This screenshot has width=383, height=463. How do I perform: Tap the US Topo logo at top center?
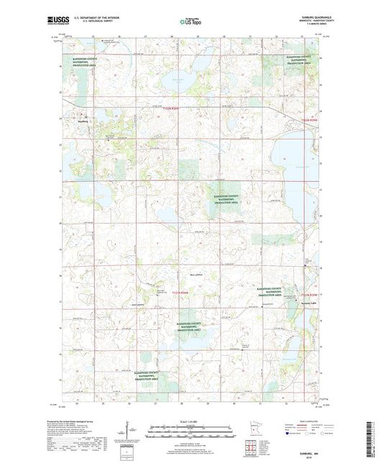pyautogui.click(x=190, y=22)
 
